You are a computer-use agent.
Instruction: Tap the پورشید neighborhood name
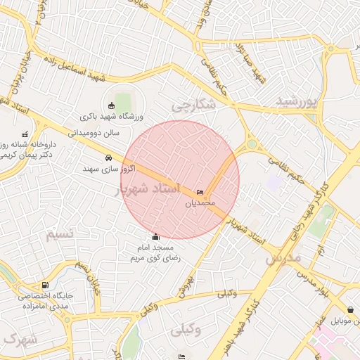297,101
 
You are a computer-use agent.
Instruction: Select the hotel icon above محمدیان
200,193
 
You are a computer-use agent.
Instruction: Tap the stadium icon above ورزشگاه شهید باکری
110,105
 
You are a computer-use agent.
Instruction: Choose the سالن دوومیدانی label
95,131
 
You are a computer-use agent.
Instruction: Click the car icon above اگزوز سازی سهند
108,157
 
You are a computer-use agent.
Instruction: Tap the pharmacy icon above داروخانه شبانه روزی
25,134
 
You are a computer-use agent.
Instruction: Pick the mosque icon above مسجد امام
156,237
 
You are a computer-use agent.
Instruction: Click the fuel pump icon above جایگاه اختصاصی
46,285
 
